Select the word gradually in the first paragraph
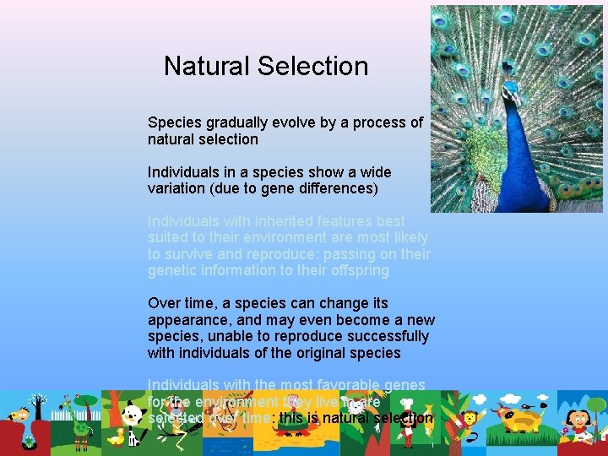pyautogui.click(x=239, y=122)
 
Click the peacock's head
pyautogui.click(x=510, y=89)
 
